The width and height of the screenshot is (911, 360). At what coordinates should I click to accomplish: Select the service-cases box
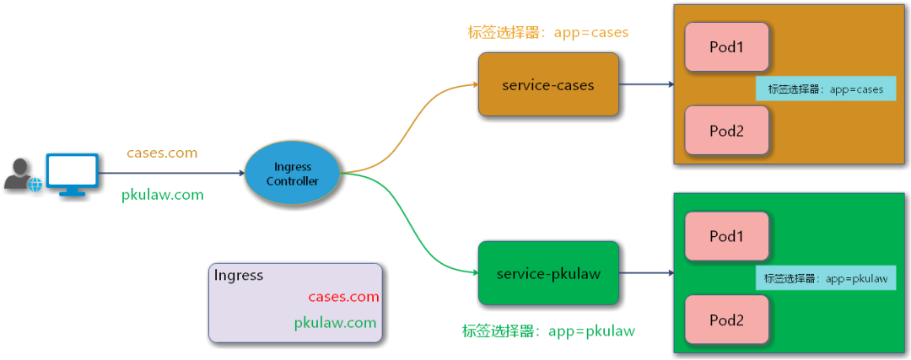pos(548,85)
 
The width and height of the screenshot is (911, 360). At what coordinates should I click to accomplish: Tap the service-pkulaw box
pos(548,274)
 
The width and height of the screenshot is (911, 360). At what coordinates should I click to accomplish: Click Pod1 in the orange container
pos(726,47)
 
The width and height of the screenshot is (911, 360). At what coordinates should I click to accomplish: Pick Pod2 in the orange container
pos(726,131)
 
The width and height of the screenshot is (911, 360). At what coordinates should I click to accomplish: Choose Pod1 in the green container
pos(726,237)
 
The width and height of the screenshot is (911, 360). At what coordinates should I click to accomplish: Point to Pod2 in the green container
pos(726,320)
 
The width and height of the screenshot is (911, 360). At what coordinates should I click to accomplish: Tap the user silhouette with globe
pos(21,175)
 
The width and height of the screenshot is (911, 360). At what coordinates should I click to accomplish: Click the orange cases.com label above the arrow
pos(162,153)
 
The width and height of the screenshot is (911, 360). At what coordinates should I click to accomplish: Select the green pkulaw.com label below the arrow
pos(163,195)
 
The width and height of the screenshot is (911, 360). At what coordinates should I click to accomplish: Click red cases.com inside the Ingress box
pos(343,297)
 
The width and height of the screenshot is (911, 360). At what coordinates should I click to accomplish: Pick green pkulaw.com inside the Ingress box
pos(335,323)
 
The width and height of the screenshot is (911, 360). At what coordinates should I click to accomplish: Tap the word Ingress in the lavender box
pos(239,276)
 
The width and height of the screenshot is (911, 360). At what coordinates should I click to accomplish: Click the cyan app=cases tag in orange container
pos(825,89)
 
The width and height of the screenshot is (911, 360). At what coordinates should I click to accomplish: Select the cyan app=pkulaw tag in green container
pos(825,278)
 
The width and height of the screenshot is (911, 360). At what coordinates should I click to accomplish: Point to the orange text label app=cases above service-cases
pos(548,33)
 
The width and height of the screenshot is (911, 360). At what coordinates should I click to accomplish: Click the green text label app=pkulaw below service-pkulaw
pos(548,330)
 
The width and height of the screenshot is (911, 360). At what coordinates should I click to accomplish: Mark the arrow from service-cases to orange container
pos(646,85)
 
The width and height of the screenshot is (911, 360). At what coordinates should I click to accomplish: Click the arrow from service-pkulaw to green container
pos(646,273)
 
